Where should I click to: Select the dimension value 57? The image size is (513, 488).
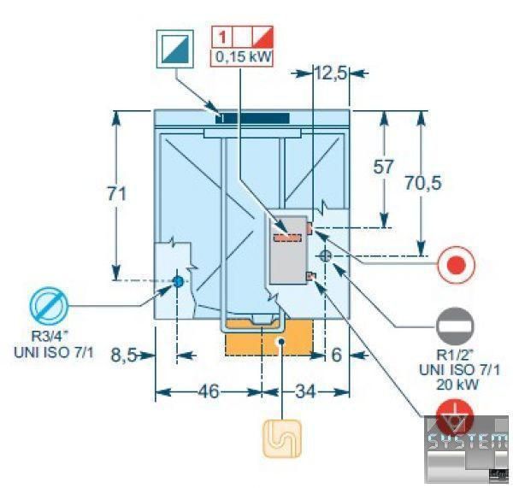click(x=384, y=167)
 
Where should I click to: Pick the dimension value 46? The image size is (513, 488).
click(x=208, y=391)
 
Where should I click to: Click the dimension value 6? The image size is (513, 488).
click(x=336, y=354)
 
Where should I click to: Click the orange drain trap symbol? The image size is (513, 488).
click(x=278, y=435)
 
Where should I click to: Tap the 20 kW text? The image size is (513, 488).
click(x=455, y=385)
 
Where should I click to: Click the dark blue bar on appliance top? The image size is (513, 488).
click(x=253, y=116)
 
